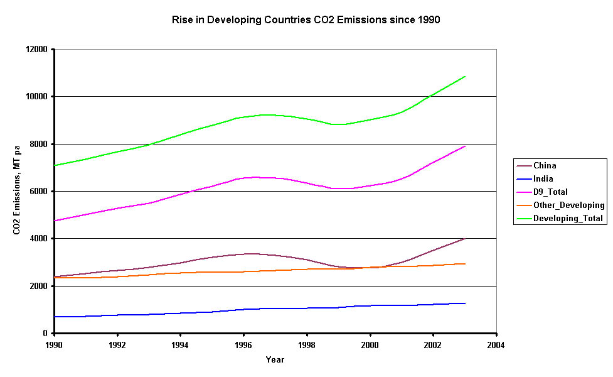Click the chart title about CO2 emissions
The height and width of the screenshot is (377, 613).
coord(306,19)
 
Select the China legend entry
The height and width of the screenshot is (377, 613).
coord(545,166)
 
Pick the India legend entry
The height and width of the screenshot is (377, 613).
coord(543,179)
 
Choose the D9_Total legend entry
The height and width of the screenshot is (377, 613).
coord(550,192)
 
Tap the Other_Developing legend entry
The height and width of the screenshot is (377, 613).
coord(568,205)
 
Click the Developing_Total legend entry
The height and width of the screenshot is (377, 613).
coord(568,218)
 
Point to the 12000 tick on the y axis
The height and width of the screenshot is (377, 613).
coord(38,49)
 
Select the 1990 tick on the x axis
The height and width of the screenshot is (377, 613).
coord(55,344)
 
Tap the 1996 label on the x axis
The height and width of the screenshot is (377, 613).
coord(244,344)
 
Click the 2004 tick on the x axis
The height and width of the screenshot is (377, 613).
coord(496,344)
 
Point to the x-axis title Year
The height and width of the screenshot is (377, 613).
coord(274,360)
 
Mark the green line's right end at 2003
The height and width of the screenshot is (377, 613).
coord(465,77)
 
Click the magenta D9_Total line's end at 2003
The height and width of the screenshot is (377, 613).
coord(465,146)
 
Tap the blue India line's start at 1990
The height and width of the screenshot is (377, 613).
coord(55,317)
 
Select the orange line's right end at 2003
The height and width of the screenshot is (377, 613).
coord(465,264)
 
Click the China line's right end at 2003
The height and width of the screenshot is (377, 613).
coord(465,238)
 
